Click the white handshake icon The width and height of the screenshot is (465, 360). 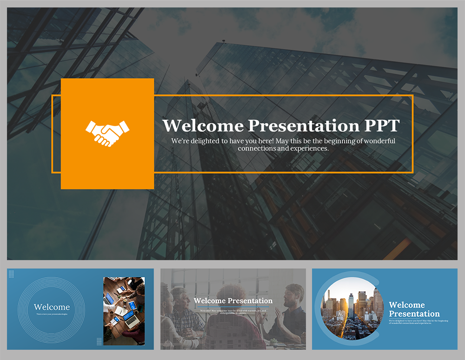pos(107,133)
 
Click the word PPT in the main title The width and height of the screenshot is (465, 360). pos(382,126)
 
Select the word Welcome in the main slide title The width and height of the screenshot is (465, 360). pos(203,126)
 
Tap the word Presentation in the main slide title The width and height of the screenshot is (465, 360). pos(304,126)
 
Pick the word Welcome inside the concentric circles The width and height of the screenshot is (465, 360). pos(52,307)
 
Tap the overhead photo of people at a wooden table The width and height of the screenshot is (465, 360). pos(124,311)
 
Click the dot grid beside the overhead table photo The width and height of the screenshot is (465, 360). pos(99,341)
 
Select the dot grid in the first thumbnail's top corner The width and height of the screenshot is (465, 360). pos(11,274)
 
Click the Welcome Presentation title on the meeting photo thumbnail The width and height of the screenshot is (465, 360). pos(233,301)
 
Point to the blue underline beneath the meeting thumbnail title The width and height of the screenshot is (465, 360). pos(233,307)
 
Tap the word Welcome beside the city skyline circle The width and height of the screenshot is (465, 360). pos(406,305)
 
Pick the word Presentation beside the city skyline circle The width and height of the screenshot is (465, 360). pos(414,314)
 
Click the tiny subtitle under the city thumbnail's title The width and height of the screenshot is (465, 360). pos(418,322)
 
